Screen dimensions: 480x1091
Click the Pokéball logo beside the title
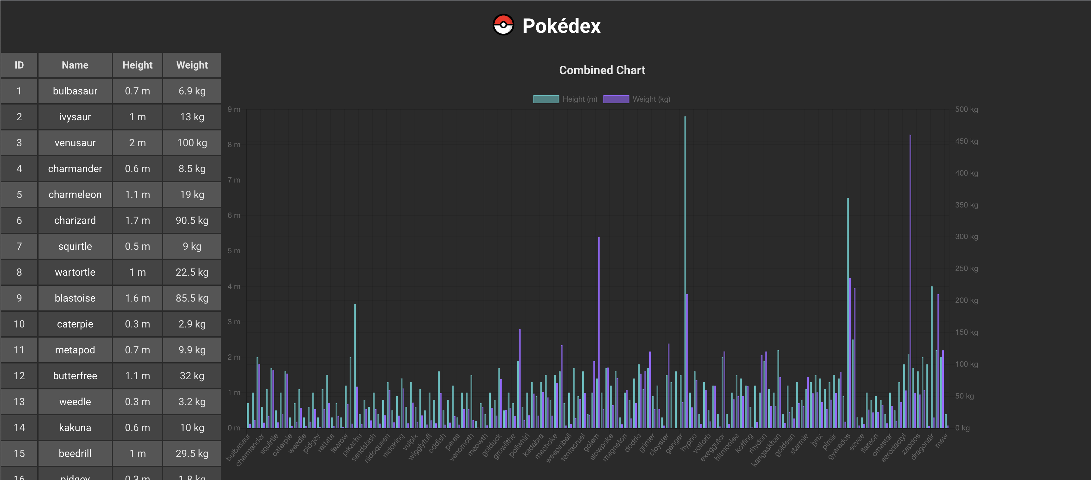(x=503, y=25)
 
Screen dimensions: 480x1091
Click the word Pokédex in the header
(x=561, y=26)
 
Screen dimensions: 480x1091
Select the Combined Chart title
(x=602, y=70)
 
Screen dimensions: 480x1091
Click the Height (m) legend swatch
(x=546, y=99)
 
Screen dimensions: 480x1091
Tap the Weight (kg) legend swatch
(x=616, y=99)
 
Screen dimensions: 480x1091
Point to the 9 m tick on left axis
(x=234, y=109)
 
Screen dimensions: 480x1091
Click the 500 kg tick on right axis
(x=967, y=109)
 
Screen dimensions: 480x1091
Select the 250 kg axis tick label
(x=967, y=268)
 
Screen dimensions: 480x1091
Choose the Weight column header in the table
(x=192, y=65)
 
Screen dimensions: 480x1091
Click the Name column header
(x=75, y=65)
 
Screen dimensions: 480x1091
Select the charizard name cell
(x=75, y=220)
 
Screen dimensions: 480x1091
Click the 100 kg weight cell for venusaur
(x=192, y=143)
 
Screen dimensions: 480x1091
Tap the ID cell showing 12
(x=19, y=376)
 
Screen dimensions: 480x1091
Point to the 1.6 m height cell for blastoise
(x=137, y=298)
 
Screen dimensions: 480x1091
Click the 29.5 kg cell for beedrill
(x=192, y=453)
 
